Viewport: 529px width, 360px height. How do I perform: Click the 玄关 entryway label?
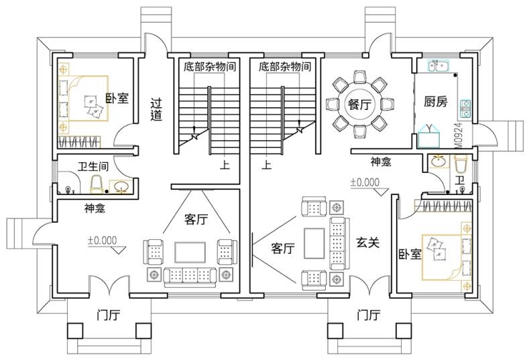(367, 243)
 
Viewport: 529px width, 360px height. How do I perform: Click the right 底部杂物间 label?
(284, 66)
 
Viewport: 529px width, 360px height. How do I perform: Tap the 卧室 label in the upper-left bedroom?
(117, 99)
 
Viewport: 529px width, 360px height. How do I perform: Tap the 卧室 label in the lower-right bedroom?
(408, 255)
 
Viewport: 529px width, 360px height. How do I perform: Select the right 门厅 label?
(369, 314)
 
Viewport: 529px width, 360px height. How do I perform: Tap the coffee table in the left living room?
(190, 251)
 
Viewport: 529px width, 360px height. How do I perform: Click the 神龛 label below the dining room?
(381, 162)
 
